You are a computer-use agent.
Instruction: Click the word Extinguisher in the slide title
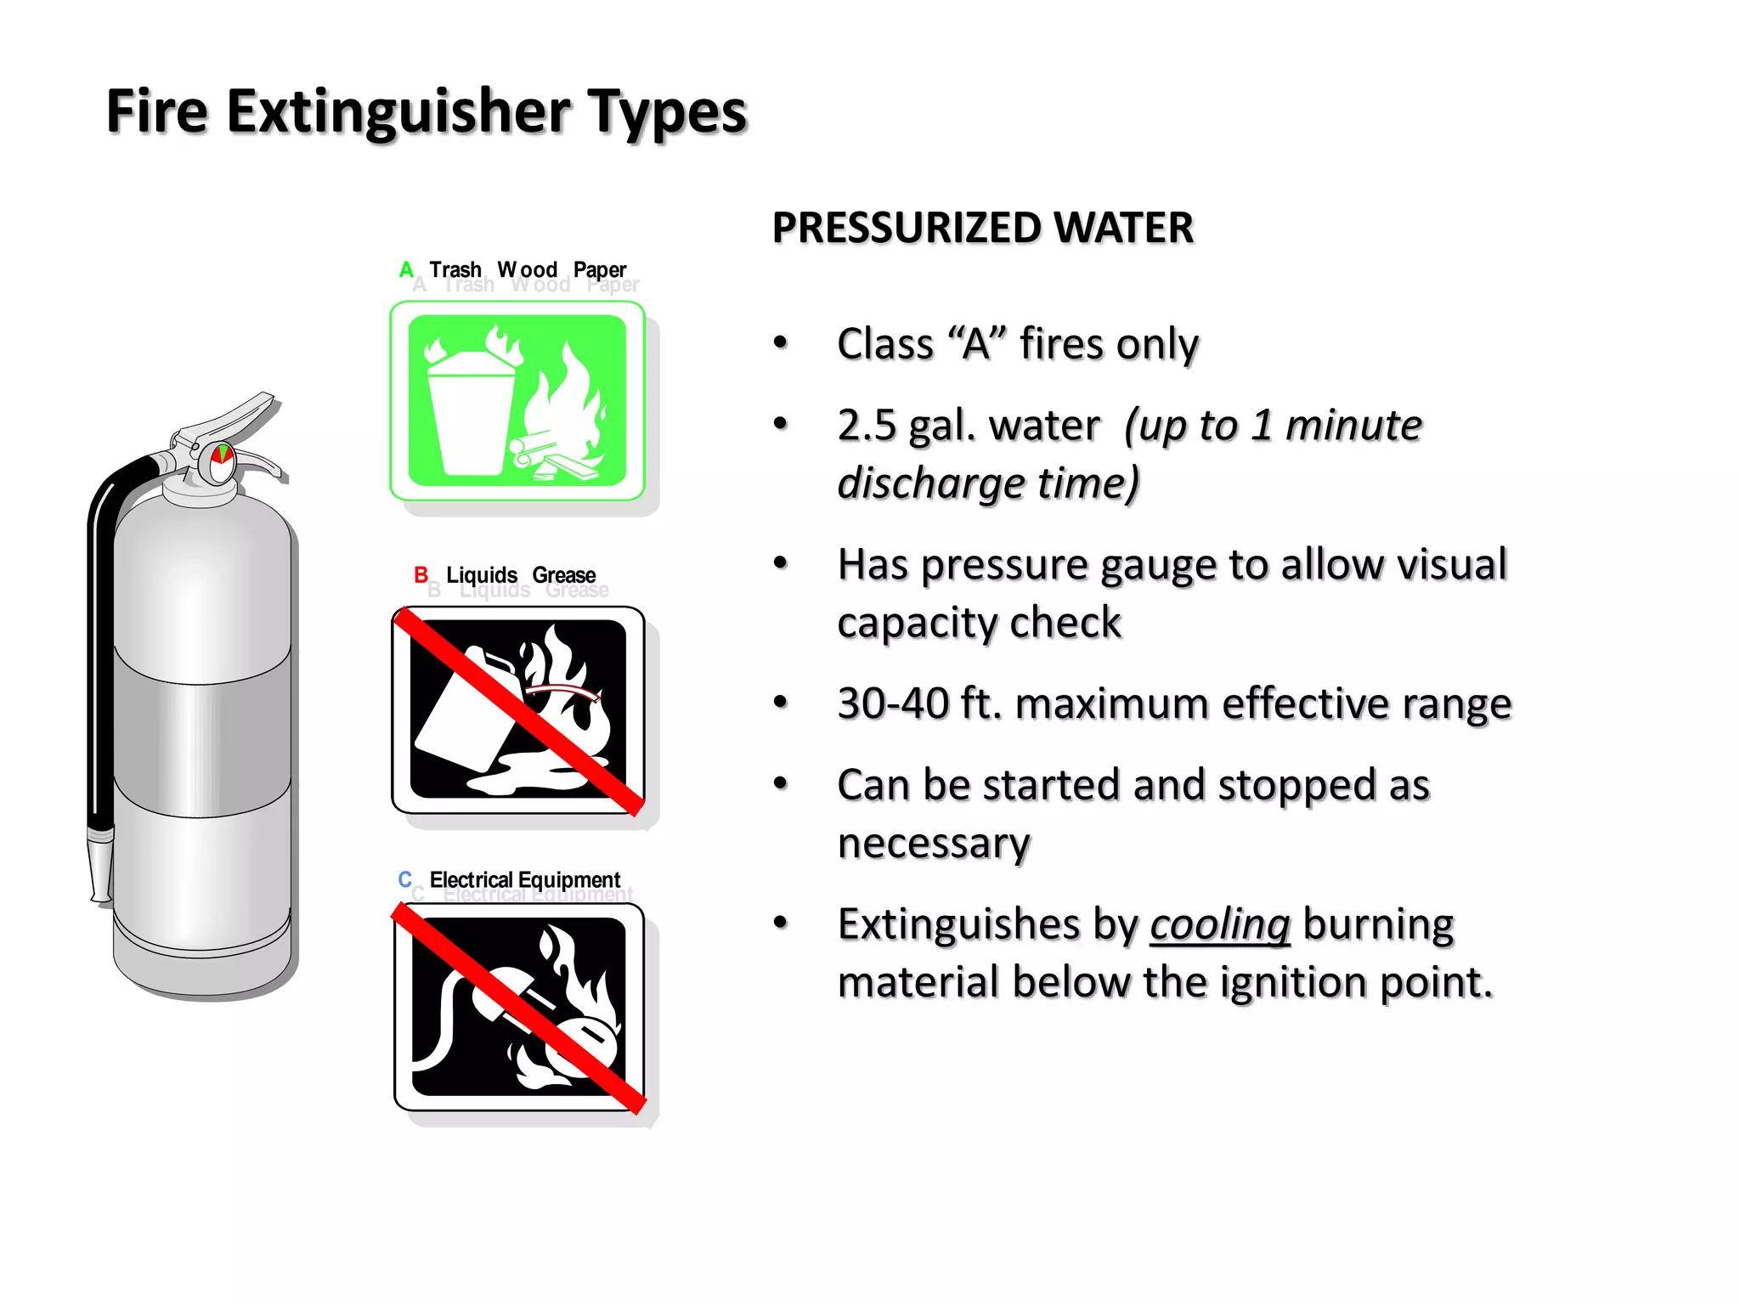(x=398, y=112)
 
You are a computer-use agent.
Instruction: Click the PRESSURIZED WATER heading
(x=982, y=228)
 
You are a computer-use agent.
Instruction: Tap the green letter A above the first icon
(x=406, y=270)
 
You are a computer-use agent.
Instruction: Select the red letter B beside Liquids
(x=421, y=575)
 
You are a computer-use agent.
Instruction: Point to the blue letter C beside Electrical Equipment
(x=405, y=879)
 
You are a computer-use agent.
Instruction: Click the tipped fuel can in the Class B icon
(x=463, y=705)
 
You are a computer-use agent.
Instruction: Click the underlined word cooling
(x=1220, y=924)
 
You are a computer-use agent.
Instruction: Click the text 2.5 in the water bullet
(x=867, y=425)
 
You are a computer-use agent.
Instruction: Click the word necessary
(x=934, y=844)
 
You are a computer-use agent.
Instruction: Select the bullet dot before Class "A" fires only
(x=781, y=343)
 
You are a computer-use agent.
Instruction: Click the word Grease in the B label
(x=564, y=575)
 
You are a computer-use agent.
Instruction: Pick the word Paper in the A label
(x=600, y=270)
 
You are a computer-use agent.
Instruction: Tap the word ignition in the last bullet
(x=1284, y=982)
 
